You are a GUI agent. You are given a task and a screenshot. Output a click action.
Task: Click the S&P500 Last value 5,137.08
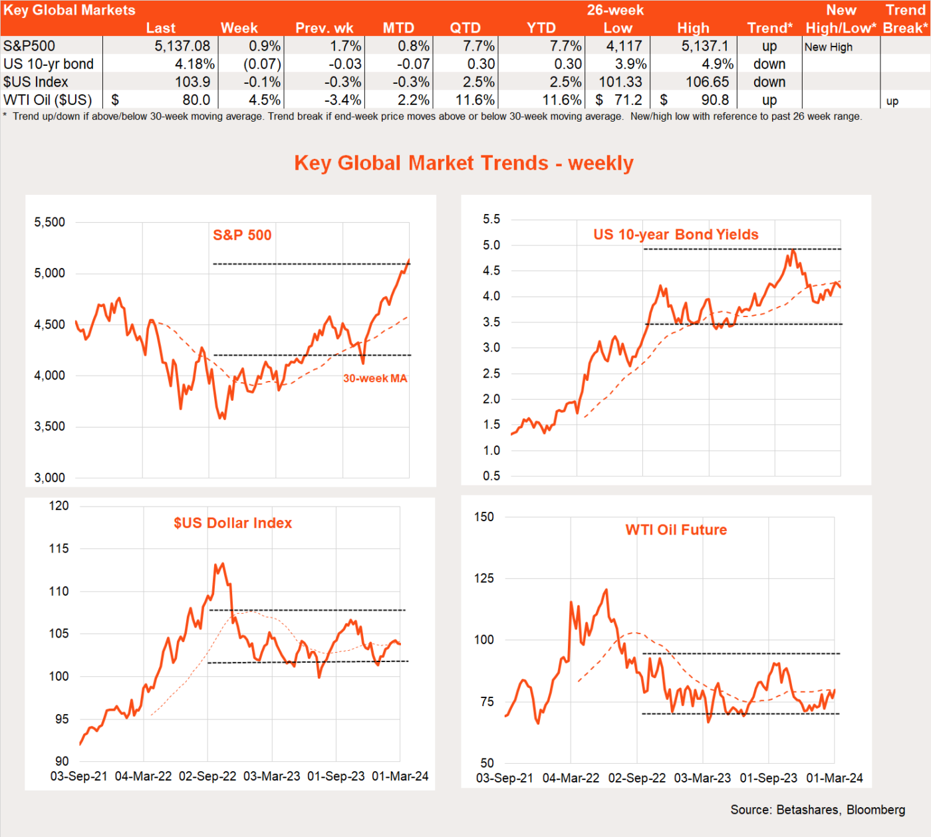coord(182,46)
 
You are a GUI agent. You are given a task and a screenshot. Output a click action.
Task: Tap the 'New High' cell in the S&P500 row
coord(828,47)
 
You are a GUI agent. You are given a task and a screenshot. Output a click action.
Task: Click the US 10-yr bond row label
coord(49,64)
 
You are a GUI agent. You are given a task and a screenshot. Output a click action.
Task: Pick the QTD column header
coord(465,28)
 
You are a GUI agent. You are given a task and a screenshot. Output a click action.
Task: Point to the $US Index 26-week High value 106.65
coord(708,82)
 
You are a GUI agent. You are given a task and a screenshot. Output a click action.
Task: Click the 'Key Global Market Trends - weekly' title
coord(464,163)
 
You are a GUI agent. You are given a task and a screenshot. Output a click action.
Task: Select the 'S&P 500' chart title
coord(242,235)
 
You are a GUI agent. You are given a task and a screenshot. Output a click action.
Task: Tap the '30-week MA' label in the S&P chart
coord(375,378)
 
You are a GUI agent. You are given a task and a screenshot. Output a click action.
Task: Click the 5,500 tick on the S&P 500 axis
coord(50,222)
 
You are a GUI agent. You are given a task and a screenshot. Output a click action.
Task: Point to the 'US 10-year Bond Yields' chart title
coord(676,234)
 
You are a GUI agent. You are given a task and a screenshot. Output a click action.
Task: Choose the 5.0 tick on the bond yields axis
coord(491,245)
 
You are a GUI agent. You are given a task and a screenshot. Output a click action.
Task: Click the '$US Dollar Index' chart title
coord(233,523)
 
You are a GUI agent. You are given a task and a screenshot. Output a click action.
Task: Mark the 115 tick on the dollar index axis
coord(59,548)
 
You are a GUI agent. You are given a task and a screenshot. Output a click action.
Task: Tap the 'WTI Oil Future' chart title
coord(676,530)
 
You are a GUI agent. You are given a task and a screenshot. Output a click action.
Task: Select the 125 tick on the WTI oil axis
coord(484,578)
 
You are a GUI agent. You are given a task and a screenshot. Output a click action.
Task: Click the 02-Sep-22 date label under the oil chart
coord(637,778)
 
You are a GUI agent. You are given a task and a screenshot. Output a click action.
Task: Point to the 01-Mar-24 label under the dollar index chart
coord(400,776)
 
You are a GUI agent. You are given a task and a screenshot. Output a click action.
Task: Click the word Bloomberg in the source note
coord(876,809)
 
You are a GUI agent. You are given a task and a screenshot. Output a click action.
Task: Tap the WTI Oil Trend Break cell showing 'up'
coord(892,101)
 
